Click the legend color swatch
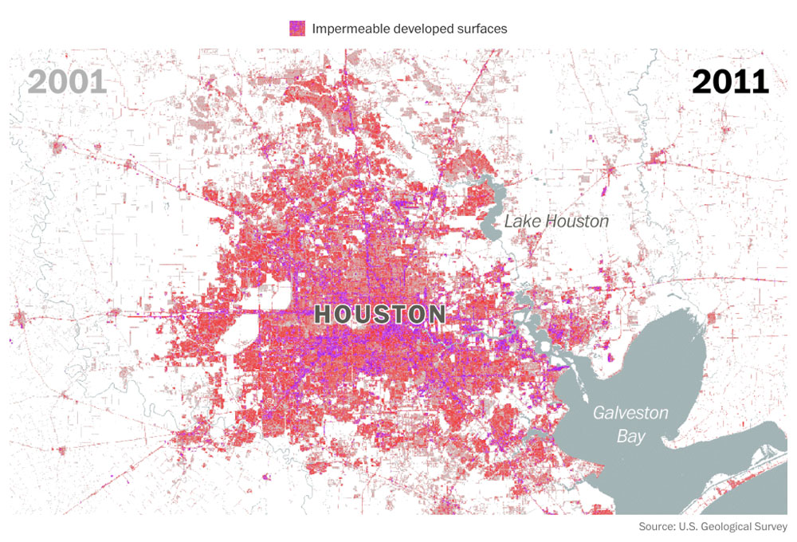(297, 28)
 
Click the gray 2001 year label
(67, 81)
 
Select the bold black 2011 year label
(729, 81)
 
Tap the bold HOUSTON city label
(379, 314)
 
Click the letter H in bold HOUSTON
(324, 314)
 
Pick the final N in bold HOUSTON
(435, 314)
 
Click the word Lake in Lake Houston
(523, 222)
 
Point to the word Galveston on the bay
(630, 413)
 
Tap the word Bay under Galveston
(630, 437)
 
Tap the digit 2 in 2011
(702, 81)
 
